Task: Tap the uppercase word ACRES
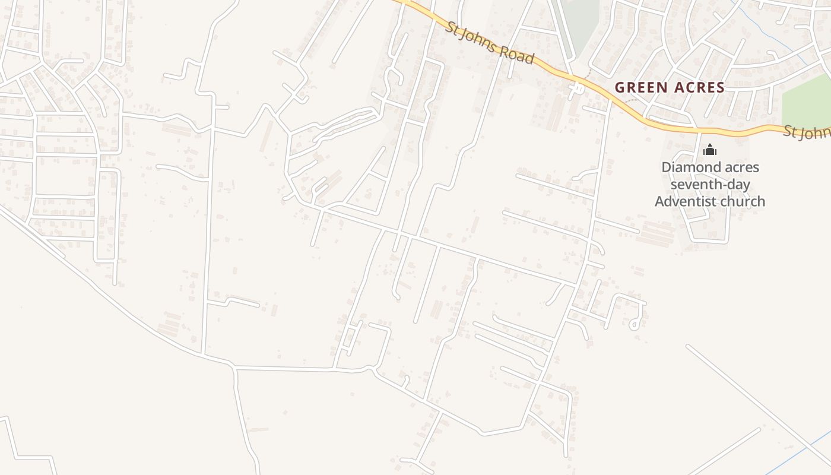698,88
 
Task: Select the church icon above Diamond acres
709,150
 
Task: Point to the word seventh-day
710,185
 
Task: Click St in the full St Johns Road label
453,27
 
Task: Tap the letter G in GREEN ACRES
620,88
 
